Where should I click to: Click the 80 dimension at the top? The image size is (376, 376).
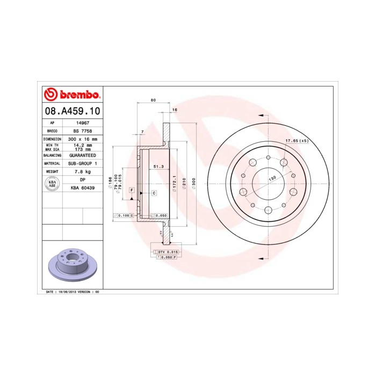tap(153, 100)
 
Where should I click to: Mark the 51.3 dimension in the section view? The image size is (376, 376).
tap(158, 167)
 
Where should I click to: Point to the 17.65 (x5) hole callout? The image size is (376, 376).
tap(297, 141)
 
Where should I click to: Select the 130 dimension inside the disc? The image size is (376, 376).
tap(272, 178)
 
